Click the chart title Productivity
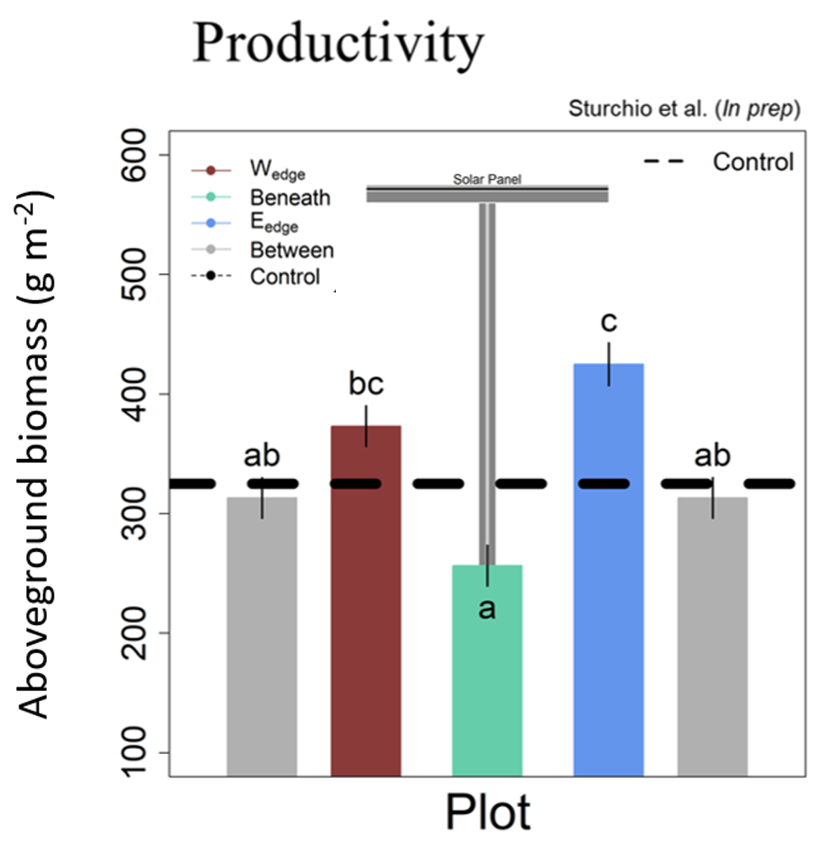(x=338, y=43)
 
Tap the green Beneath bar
(x=487, y=672)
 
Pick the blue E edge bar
(x=608, y=571)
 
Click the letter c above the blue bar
(x=609, y=324)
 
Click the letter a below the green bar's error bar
(x=487, y=608)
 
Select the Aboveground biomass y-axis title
(x=37, y=454)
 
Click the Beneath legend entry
(x=290, y=198)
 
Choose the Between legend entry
(x=291, y=250)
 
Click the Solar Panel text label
(x=487, y=179)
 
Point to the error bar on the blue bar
(x=609, y=363)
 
